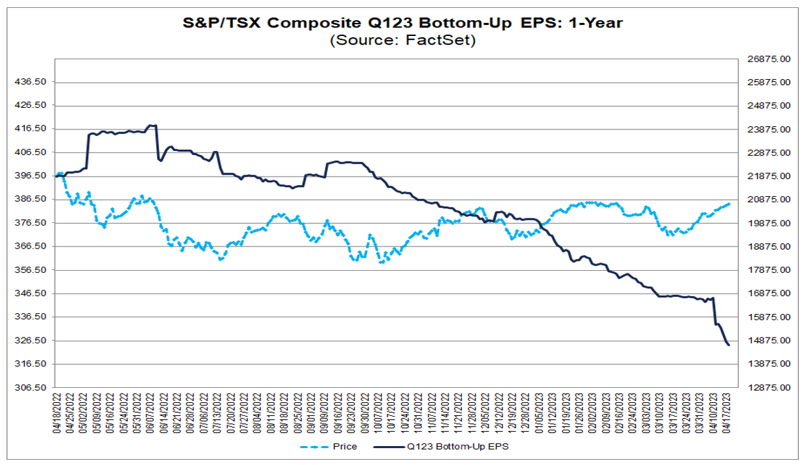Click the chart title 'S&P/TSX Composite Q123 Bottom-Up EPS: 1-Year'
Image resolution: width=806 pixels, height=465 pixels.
pyautogui.click(x=402, y=22)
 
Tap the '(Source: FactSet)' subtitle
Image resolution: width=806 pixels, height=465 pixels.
pyautogui.click(x=402, y=41)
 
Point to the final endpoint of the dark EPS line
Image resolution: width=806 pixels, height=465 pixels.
pyautogui.click(x=729, y=345)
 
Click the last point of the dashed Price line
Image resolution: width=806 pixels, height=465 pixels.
pyautogui.click(x=729, y=203)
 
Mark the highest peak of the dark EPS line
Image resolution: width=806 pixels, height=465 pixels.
pyautogui.click(x=152, y=125)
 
